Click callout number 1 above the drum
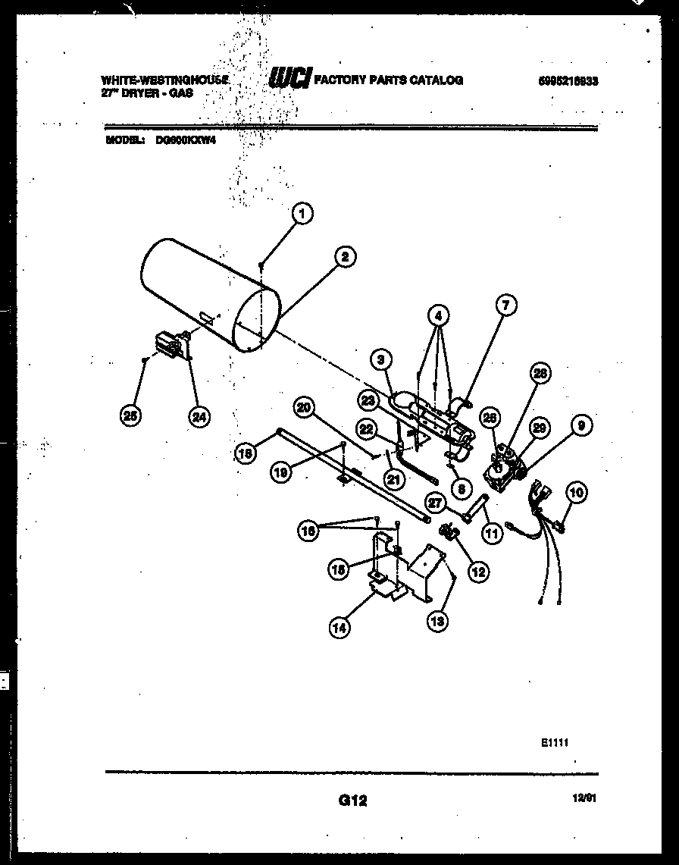pyautogui.click(x=302, y=215)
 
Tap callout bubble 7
pyautogui.click(x=505, y=306)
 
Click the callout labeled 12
pyautogui.click(x=477, y=572)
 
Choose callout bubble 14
pyautogui.click(x=340, y=626)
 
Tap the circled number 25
pyautogui.click(x=131, y=415)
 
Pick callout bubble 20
pyautogui.click(x=304, y=407)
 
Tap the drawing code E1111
pyautogui.click(x=555, y=744)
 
